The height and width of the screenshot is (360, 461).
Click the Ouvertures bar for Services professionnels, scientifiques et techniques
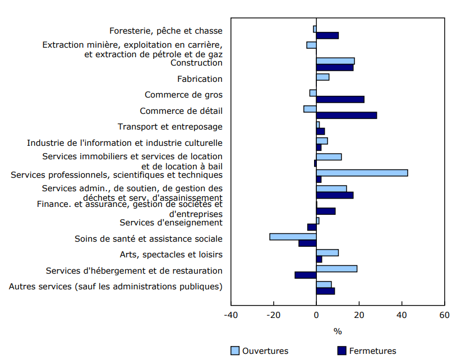(x=362, y=173)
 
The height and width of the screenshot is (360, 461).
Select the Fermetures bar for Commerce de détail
(x=346, y=115)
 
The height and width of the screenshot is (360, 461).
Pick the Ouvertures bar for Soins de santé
(x=293, y=237)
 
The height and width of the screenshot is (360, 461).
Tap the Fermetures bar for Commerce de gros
(x=340, y=99)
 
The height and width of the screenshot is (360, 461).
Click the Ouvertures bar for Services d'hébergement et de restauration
(x=336, y=269)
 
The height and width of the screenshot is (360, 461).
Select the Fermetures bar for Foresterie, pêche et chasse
(x=327, y=35)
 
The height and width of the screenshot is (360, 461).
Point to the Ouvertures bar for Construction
(x=335, y=61)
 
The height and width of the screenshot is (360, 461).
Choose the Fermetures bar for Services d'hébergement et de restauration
(x=306, y=275)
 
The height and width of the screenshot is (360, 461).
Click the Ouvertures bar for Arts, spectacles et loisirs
(x=327, y=252)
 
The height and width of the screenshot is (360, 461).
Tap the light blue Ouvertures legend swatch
(x=235, y=351)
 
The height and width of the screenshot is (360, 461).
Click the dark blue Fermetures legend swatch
(x=342, y=351)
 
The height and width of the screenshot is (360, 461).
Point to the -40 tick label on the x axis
(x=231, y=315)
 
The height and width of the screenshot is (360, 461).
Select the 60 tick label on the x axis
(x=444, y=315)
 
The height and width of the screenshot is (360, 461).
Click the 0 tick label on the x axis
(x=316, y=315)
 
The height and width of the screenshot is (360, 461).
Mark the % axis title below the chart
(x=337, y=331)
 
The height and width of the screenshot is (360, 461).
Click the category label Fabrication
(x=200, y=79)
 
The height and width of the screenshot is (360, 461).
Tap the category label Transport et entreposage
(x=170, y=127)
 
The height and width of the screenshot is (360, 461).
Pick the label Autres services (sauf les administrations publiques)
(x=116, y=287)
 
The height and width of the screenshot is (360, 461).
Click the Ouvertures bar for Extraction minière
(x=311, y=45)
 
